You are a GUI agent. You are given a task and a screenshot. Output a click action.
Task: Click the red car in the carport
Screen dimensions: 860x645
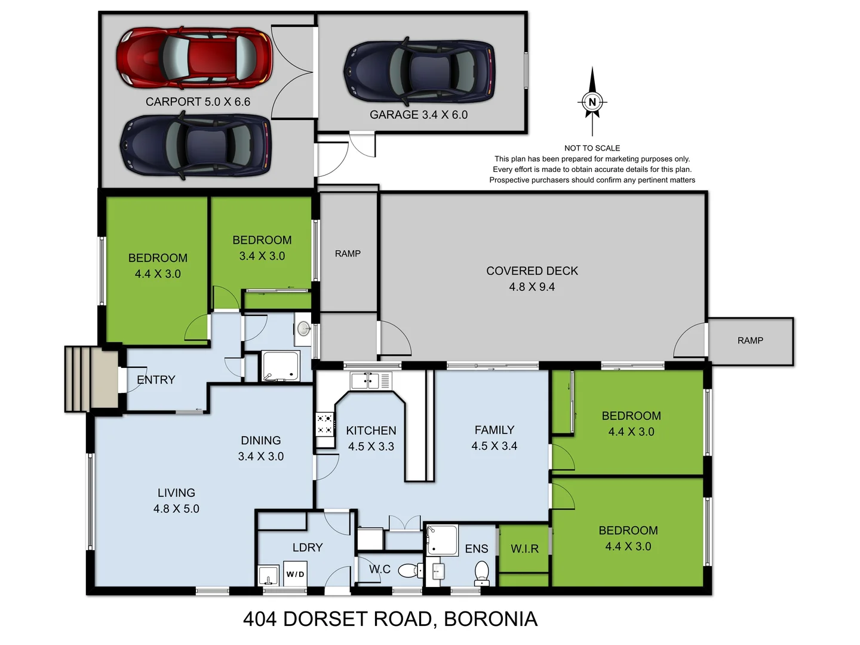coord(194,58)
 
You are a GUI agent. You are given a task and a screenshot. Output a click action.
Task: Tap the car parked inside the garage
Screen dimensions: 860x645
coord(419,70)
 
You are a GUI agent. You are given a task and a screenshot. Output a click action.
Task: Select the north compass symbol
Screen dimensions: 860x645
coord(592,102)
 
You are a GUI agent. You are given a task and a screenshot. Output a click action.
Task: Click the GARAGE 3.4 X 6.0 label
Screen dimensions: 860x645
coord(418,115)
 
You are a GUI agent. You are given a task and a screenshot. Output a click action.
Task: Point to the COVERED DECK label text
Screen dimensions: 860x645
coord(532,271)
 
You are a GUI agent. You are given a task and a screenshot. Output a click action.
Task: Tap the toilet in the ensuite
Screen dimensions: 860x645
coord(481,573)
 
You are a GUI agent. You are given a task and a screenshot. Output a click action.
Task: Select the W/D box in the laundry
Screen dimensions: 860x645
coord(295,574)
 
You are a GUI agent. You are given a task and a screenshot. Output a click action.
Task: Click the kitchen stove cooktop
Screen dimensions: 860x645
coord(324,423)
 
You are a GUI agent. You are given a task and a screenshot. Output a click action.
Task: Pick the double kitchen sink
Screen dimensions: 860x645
coord(365,380)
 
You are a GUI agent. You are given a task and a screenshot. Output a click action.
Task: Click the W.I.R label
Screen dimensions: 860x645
coord(524,549)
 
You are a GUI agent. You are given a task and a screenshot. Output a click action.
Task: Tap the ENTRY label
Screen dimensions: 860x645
coord(156,380)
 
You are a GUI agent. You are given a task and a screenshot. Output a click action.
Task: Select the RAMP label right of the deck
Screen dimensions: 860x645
coord(750,340)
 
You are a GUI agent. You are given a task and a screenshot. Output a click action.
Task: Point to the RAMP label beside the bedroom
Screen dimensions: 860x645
coord(348,254)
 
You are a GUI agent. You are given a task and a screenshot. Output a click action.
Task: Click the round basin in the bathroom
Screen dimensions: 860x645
coord(303,328)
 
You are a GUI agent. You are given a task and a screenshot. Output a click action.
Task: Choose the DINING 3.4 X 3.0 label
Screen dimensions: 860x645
coord(261,448)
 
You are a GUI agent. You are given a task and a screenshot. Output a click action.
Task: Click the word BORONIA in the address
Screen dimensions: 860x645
coord(490,619)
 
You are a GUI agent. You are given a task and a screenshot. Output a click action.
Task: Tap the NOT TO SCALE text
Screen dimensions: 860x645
coord(592,148)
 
